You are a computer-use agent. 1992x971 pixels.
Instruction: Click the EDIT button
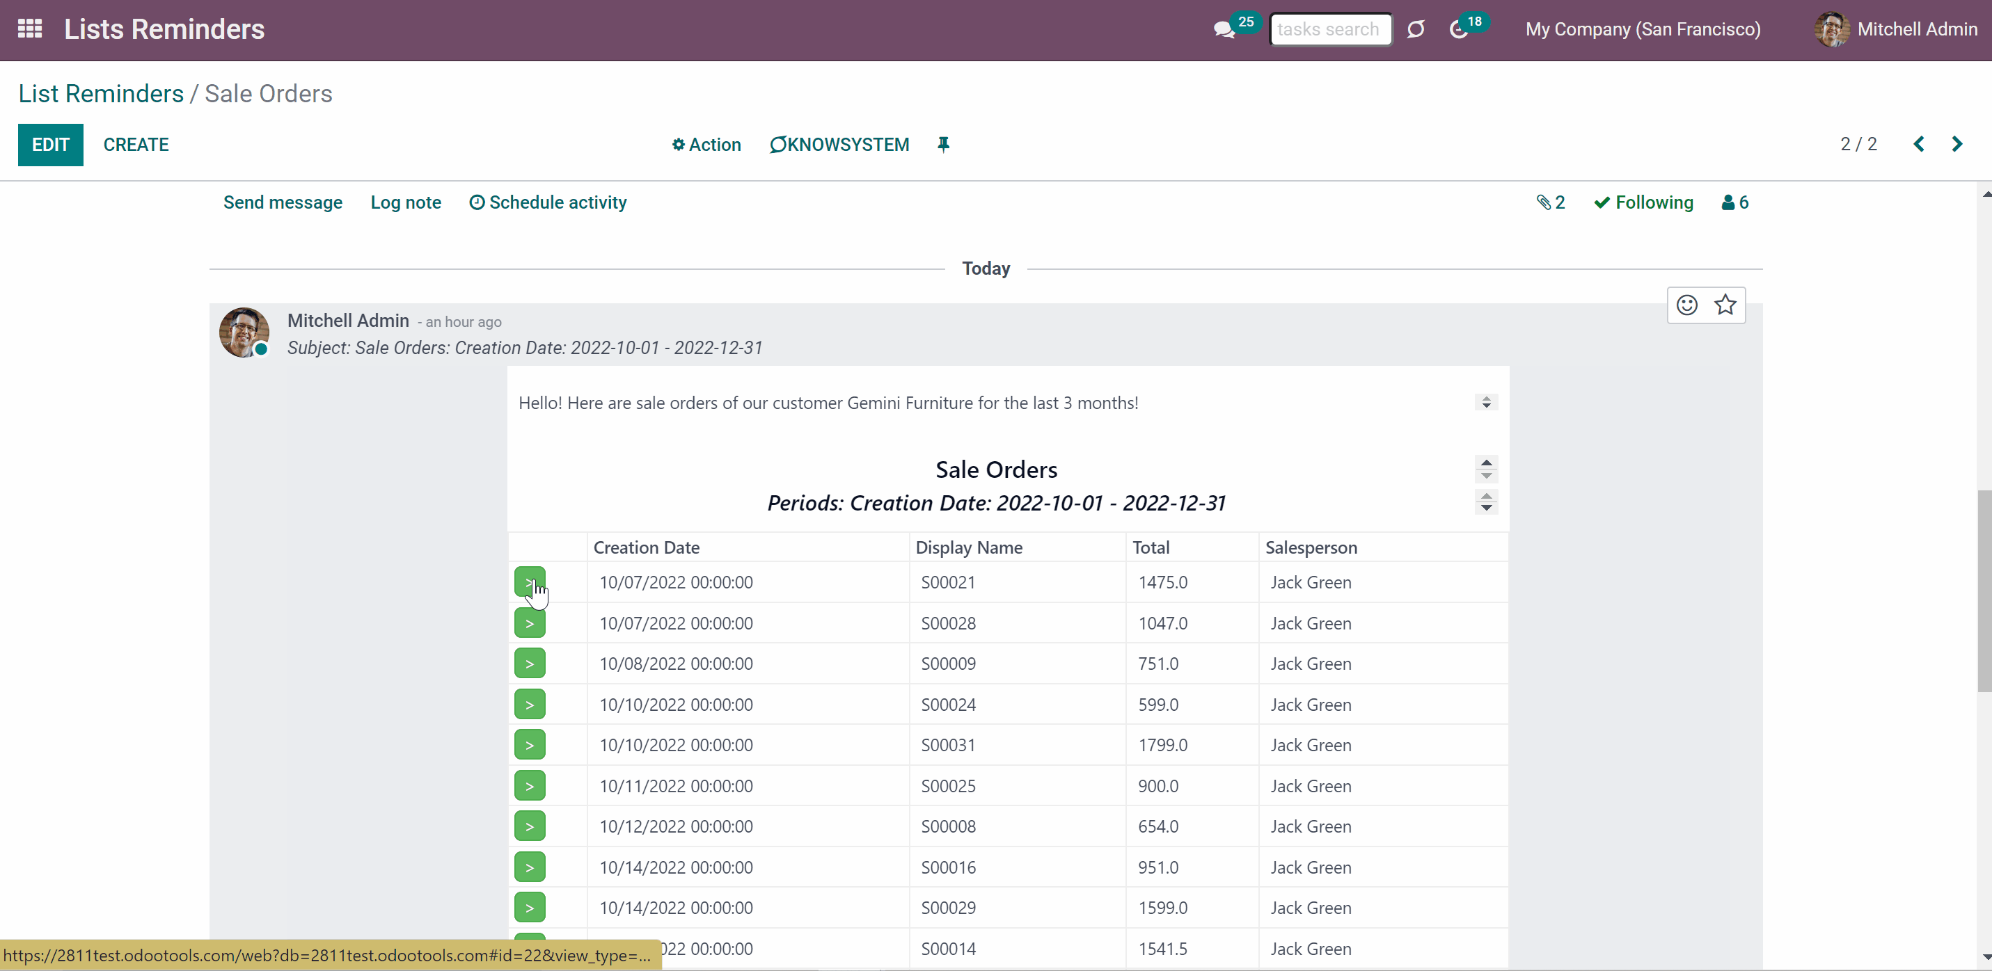50,145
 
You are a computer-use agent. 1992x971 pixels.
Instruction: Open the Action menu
706,145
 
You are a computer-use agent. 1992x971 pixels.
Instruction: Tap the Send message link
283,202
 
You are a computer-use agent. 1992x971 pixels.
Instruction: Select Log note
405,202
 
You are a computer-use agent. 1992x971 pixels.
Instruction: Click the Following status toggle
1643,202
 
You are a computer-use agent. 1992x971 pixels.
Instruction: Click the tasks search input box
1330,29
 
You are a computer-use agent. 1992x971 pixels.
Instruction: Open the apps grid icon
29,29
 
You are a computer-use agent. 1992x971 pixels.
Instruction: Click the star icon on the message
1725,305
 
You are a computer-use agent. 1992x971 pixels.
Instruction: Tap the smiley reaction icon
1686,305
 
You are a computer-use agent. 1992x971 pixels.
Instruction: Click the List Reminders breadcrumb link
100,93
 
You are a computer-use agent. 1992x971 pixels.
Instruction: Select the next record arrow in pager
1957,144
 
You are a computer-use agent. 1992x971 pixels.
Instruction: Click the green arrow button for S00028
530,623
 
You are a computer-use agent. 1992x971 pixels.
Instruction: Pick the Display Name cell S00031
948,745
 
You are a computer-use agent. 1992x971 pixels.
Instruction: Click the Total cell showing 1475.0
1162,582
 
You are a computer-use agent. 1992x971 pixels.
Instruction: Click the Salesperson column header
1311,547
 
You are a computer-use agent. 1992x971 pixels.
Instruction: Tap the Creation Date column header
647,547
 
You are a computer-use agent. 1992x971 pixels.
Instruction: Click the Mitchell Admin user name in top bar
1917,29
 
